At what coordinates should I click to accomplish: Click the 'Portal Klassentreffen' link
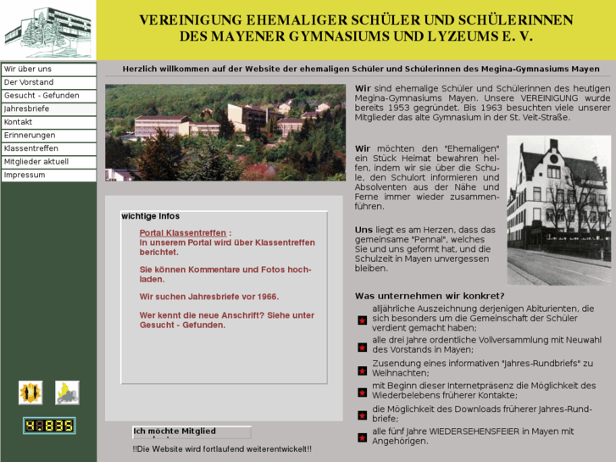tap(183, 233)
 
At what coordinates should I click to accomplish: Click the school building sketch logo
tap(47, 31)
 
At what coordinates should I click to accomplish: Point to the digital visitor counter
tap(48, 426)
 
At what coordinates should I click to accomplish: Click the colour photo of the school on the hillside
tap(225, 132)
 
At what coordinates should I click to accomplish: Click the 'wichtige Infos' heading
tap(151, 216)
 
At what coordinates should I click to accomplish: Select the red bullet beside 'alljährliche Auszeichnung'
tap(362, 320)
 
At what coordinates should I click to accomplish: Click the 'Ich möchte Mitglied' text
tap(175, 431)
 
